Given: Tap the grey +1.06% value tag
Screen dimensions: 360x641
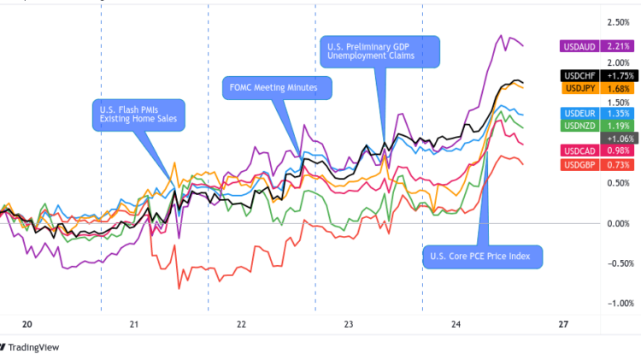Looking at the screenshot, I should click(x=619, y=138).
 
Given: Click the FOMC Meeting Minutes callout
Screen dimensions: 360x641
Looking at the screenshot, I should click(x=277, y=87).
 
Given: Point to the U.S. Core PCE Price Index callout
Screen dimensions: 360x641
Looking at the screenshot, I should click(x=482, y=256).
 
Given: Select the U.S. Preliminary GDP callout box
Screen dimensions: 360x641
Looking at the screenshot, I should click(x=379, y=50).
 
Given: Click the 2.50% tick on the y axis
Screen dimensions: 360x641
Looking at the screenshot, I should click(x=619, y=21).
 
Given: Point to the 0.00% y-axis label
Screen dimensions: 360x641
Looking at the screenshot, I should click(x=619, y=223).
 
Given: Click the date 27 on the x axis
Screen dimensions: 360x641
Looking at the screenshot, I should click(x=563, y=325).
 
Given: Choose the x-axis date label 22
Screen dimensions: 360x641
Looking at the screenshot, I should click(x=242, y=325).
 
